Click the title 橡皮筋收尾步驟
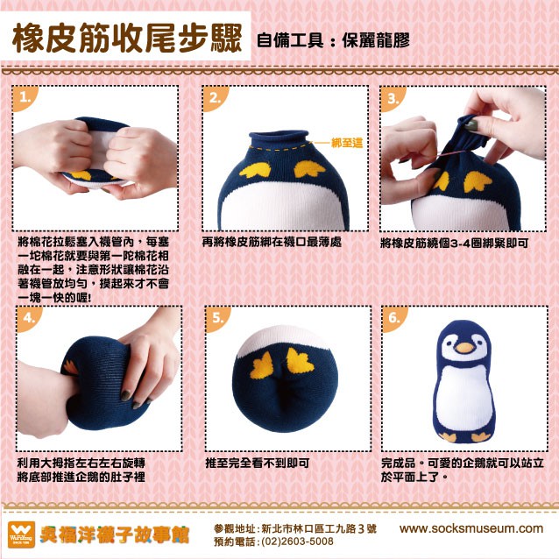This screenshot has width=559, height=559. click(x=127, y=38)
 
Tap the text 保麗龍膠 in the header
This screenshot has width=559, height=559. click(x=376, y=40)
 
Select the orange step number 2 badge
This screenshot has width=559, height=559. click(x=215, y=97)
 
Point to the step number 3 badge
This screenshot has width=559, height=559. click(x=392, y=98)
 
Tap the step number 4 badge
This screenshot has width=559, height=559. click(x=28, y=318)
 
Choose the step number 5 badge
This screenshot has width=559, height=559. click(x=216, y=318)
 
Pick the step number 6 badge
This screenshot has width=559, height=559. click(x=393, y=318)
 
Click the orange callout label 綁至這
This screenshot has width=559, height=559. click(x=347, y=143)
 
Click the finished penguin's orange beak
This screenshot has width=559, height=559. click(x=465, y=348)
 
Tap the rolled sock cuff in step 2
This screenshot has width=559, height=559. click(x=279, y=138)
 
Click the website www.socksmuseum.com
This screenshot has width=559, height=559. click(x=471, y=528)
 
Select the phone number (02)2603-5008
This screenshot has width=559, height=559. click(x=297, y=541)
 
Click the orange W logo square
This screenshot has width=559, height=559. click(x=21, y=534)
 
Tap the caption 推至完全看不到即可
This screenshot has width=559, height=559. click(x=257, y=463)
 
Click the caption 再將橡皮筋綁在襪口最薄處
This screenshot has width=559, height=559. click(x=272, y=242)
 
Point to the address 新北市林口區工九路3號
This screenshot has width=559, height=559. click(x=319, y=528)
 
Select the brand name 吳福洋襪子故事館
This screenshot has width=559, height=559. click(x=114, y=534)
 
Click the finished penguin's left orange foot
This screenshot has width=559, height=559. click(x=448, y=436)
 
